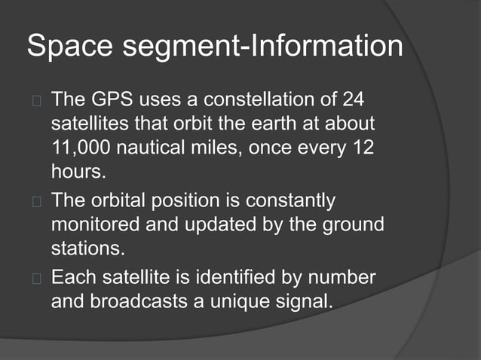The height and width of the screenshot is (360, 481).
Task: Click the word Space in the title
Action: coord(66,46)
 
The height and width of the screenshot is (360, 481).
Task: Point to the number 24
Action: coord(357,99)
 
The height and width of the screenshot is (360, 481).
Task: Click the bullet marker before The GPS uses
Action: coord(34,100)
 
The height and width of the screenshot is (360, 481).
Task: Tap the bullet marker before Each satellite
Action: coord(34,279)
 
